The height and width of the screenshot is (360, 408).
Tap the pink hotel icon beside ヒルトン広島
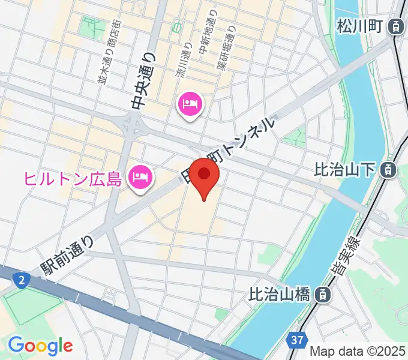141,178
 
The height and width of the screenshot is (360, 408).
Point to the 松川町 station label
359,26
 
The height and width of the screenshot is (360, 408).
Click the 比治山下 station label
346,170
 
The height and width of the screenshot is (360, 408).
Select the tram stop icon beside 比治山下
389,170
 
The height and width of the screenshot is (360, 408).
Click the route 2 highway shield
22,279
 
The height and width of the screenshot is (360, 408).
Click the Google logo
40,345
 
